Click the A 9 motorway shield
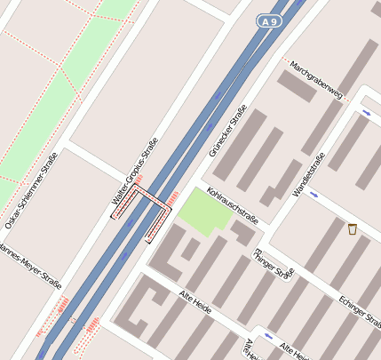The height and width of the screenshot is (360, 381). [270, 20]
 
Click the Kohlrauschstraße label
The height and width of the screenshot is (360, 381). [232, 205]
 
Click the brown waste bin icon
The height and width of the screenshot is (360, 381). [353, 229]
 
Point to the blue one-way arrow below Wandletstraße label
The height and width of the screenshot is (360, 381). [314, 194]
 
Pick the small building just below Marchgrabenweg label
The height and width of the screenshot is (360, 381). [296, 87]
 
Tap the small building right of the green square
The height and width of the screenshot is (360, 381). [242, 233]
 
